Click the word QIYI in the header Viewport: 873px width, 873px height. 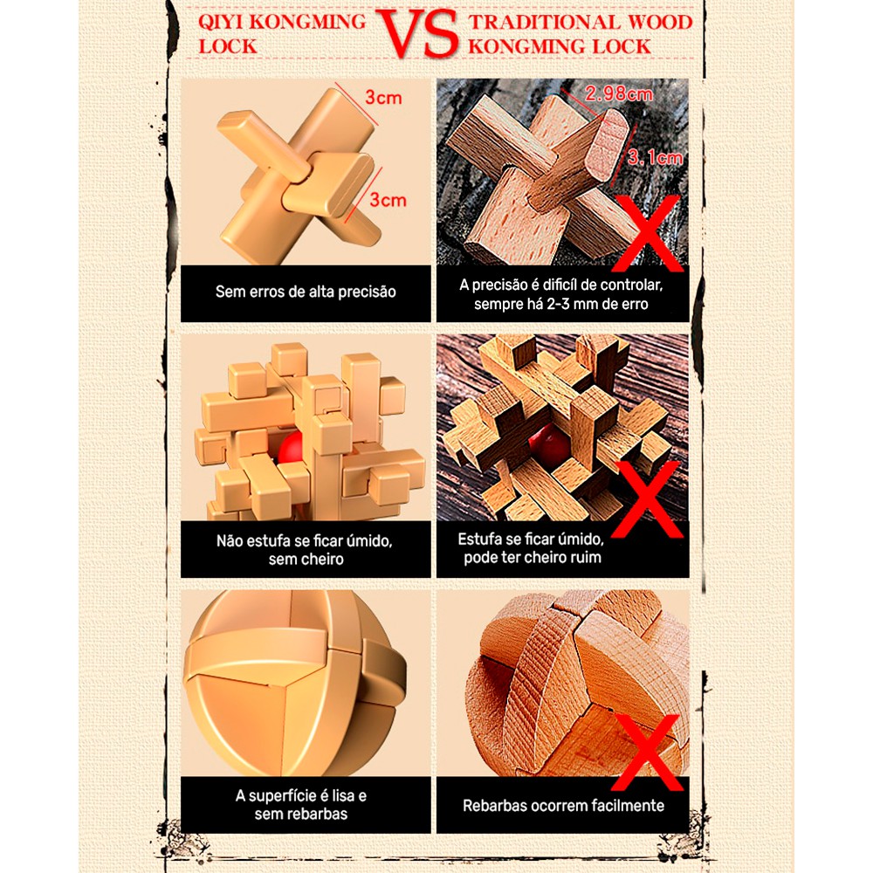click(x=223, y=22)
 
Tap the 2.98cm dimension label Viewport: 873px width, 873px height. click(x=619, y=93)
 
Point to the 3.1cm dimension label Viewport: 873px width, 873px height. click(x=655, y=157)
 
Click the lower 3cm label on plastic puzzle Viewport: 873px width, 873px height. click(x=387, y=200)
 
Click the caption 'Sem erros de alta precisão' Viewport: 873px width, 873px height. click(x=306, y=292)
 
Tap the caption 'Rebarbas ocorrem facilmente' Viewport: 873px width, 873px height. click(x=563, y=806)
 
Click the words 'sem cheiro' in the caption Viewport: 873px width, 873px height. click(x=306, y=559)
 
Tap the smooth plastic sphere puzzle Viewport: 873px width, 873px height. click(x=297, y=681)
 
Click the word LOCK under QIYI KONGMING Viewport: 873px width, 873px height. click(x=228, y=45)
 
